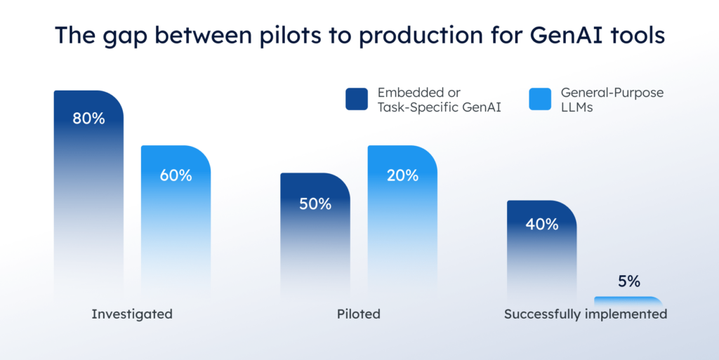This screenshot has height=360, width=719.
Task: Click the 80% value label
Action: click(88, 119)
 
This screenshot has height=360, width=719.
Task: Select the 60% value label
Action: click(176, 175)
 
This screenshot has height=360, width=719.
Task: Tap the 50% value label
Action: click(315, 204)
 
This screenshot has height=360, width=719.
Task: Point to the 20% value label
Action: click(402, 175)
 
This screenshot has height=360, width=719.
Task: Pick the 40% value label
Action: click(542, 225)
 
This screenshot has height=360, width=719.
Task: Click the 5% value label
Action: click(629, 281)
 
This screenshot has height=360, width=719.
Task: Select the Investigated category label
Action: click(132, 314)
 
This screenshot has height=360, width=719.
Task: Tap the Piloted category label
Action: click(358, 314)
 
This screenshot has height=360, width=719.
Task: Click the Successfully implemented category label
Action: click(586, 314)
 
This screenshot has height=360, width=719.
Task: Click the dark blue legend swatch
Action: click(357, 100)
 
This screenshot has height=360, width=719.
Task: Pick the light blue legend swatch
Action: click(539, 100)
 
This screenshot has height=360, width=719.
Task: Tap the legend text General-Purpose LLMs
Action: click(612, 100)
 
